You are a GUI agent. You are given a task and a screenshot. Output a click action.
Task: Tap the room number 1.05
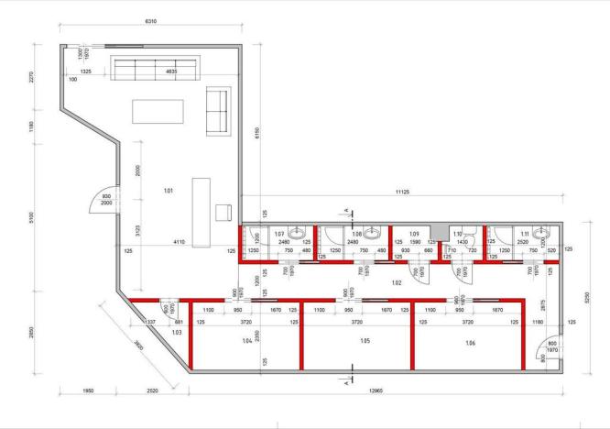pyautogui.click(x=365, y=339)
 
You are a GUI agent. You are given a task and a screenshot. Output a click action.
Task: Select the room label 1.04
pyautogui.click(x=246, y=340)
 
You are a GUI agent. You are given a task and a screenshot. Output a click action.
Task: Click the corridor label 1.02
pyautogui.click(x=398, y=282)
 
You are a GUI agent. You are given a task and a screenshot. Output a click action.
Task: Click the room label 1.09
pyautogui.click(x=414, y=234)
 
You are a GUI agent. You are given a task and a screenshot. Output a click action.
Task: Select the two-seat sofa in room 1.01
pyautogui.click(x=218, y=111)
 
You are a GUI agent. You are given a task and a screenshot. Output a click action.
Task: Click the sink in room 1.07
pyautogui.click(x=296, y=233)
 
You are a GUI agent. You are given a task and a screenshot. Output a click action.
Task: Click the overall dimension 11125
pyautogui.click(x=401, y=191)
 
